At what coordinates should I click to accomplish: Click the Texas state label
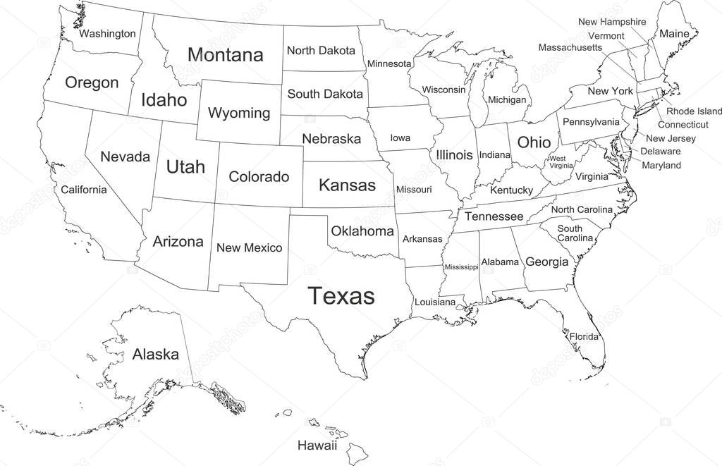tap(341, 295)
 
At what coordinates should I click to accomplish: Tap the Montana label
tap(226, 55)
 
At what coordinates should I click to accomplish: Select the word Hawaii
tap(317, 446)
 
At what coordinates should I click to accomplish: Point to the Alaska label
tap(155, 354)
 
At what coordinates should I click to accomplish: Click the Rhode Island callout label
tap(694, 111)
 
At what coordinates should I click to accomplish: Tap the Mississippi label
tap(461, 267)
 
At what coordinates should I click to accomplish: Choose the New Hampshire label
tap(611, 22)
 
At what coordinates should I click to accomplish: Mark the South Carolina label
tap(575, 233)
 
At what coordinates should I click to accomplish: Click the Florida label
tap(584, 336)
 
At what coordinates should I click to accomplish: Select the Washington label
tap(107, 33)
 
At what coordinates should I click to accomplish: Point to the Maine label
tap(674, 33)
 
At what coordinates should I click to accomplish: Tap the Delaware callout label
tap(660, 151)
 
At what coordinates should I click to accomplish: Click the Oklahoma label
tap(362, 231)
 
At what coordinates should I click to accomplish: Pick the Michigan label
tap(507, 100)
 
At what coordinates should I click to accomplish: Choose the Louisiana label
tap(435, 302)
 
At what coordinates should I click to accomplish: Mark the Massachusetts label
tap(570, 47)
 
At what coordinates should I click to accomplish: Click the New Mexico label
tap(249, 247)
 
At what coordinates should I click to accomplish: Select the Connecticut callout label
tap(683, 124)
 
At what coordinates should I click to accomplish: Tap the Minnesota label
tap(388, 63)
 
